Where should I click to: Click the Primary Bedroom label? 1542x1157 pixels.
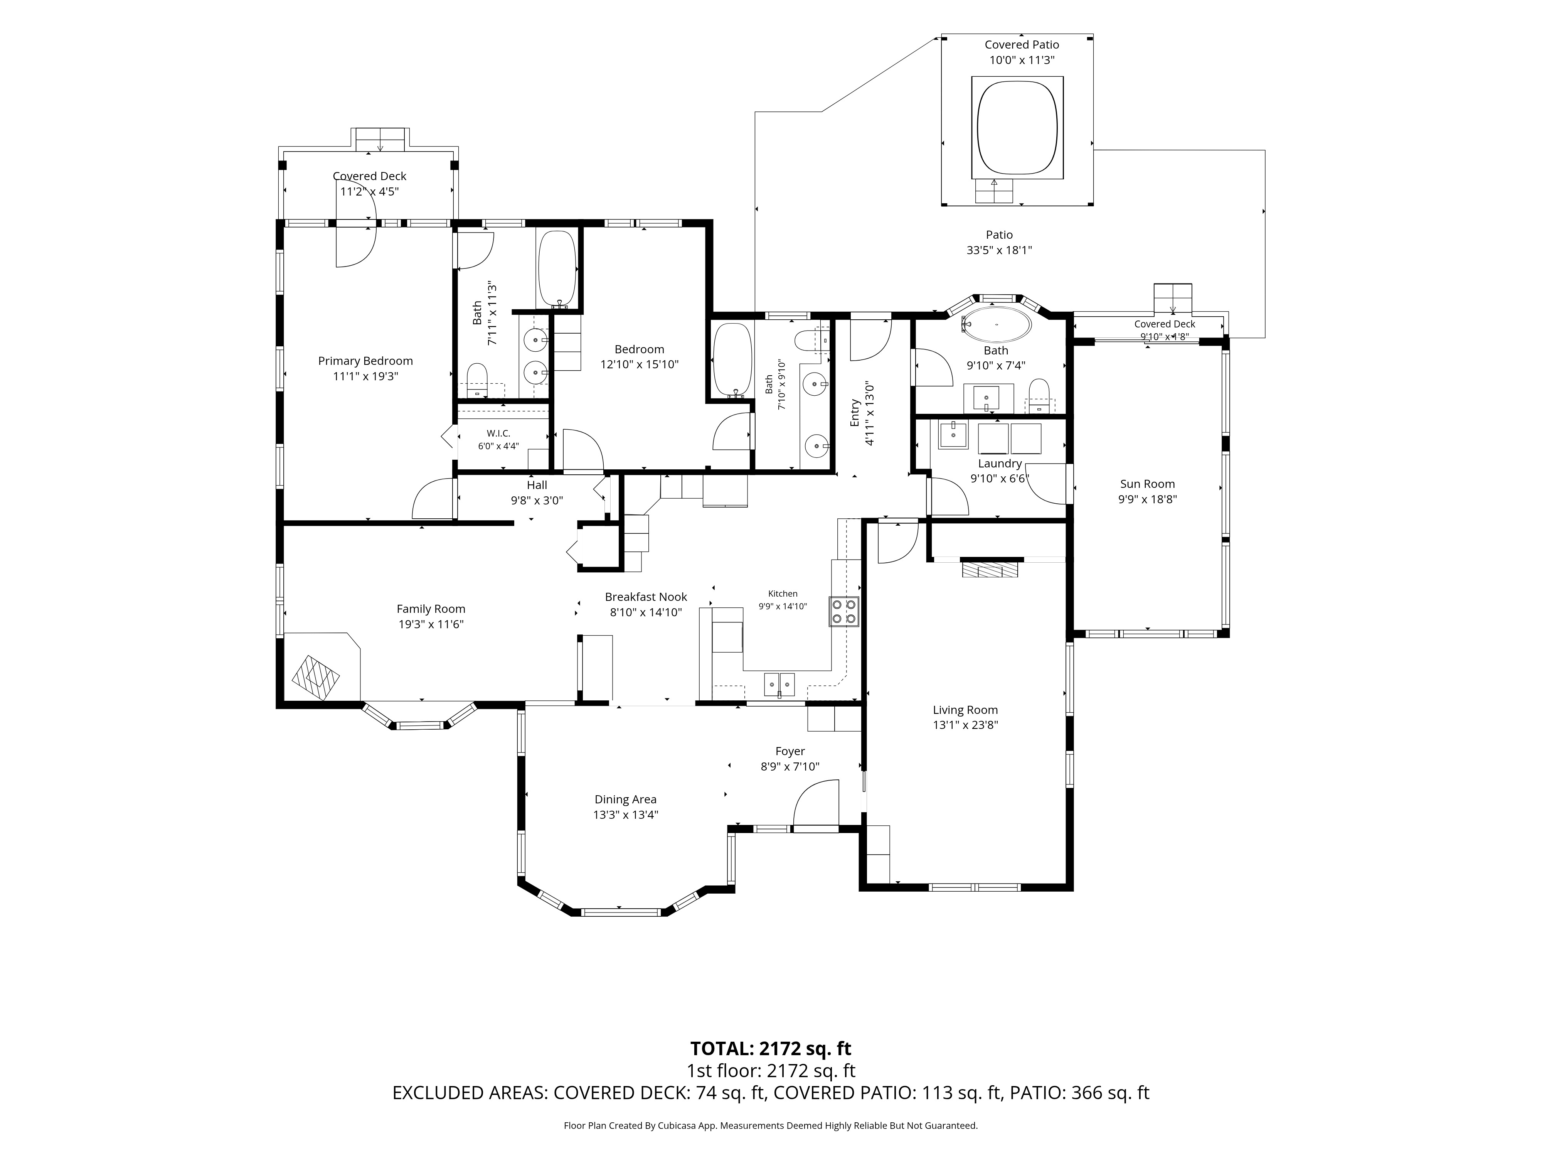365,361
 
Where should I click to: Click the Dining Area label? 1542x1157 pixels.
625,799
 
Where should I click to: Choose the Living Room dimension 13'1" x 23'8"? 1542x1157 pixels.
966,725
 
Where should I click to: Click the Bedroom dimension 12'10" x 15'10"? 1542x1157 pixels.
639,364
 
